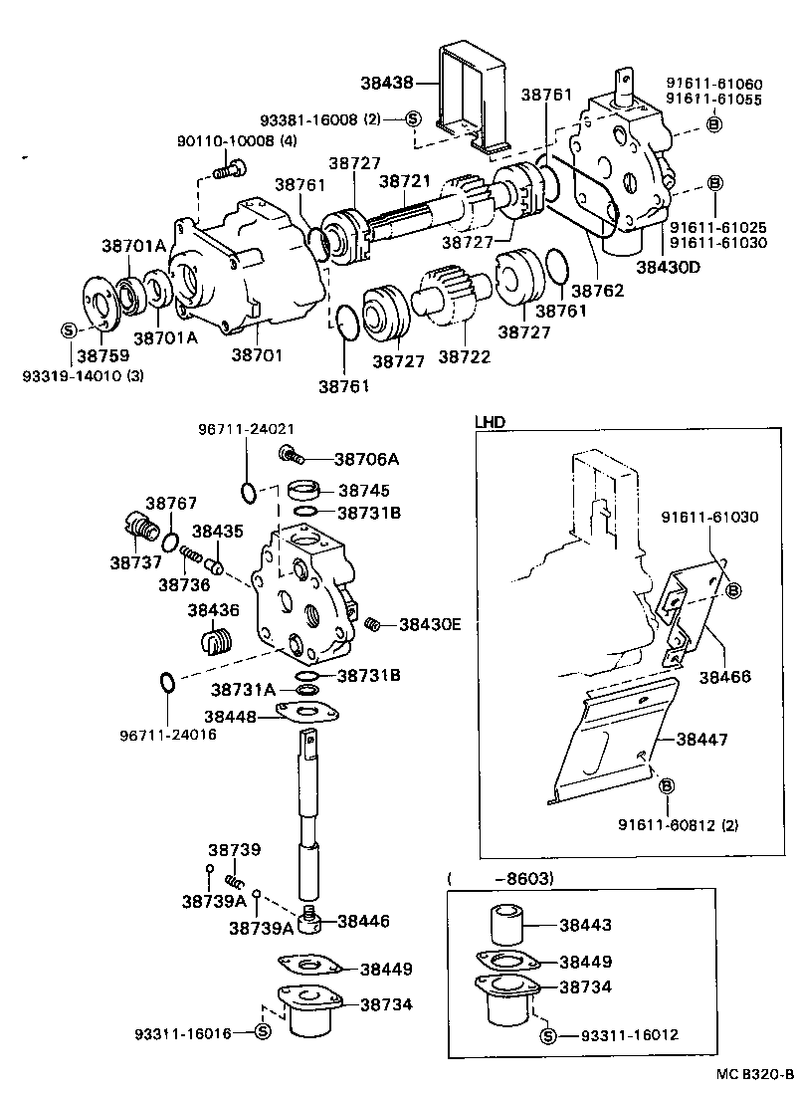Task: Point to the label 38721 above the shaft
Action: coord(403,183)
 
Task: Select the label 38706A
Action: coord(366,459)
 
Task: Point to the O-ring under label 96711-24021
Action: coord(249,490)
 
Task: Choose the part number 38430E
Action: coord(431,624)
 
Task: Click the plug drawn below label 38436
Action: coord(217,642)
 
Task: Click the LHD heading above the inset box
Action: coord(490,422)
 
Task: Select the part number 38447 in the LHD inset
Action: coord(701,740)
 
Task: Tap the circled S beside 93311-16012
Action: coord(547,1035)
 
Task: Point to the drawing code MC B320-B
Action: coord(752,1075)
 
